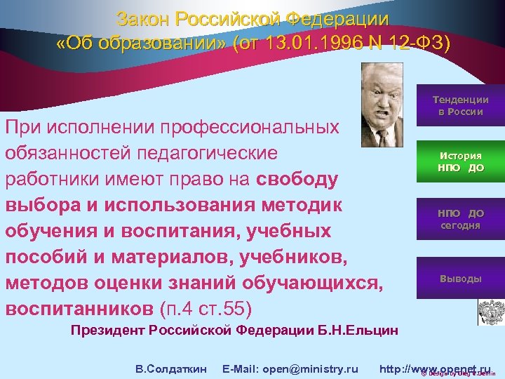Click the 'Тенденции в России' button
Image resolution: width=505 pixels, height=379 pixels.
(x=460, y=106)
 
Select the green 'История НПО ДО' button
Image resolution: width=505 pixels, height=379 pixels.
(x=460, y=161)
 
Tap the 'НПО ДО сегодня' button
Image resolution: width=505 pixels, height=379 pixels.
(x=460, y=219)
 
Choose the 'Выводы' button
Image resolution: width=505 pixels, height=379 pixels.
(x=460, y=279)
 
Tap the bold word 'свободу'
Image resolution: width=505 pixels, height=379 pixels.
(x=299, y=178)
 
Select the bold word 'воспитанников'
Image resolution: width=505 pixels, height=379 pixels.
(x=80, y=308)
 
